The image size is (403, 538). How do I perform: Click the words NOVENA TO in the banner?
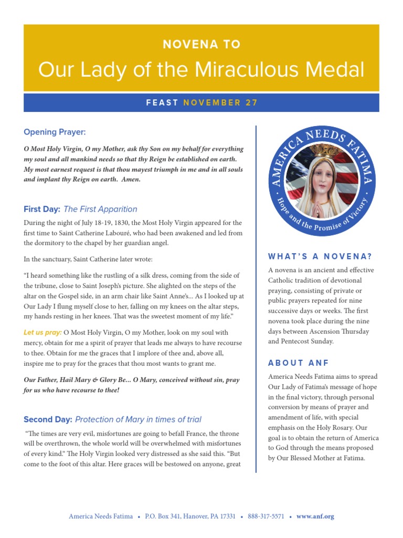pyautogui.click(x=201, y=45)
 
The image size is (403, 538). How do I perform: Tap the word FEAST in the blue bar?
pyautogui.click(x=163, y=103)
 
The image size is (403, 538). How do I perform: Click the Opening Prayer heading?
pyautogui.click(x=55, y=132)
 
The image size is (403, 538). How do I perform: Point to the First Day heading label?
pyautogui.click(x=42, y=209)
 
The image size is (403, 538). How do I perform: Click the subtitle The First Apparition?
pyautogui.click(x=100, y=209)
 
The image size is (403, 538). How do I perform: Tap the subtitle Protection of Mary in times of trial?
pyautogui.click(x=139, y=419)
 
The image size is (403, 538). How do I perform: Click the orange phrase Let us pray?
pyautogui.click(x=43, y=333)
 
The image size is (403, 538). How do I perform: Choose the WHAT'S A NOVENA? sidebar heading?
pyautogui.click(x=320, y=257)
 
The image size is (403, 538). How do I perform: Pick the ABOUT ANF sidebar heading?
pyautogui.click(x=298, y=363)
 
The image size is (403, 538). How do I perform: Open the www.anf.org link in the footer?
pyautogui.click(x=315, y=516)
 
